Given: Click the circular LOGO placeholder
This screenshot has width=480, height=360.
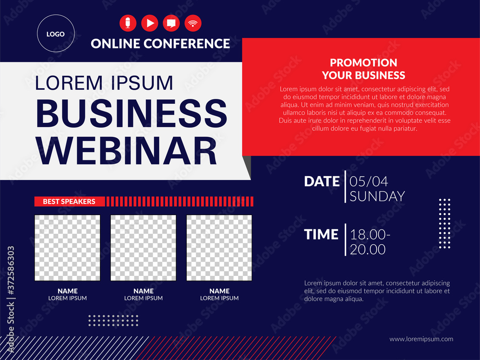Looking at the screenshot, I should click(x=55, y=34).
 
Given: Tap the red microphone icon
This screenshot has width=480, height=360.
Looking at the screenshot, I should click(x=128, y=23).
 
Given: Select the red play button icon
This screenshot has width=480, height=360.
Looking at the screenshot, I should click(x=149, y=23).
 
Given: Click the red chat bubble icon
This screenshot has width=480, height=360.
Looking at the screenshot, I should click(x=171, y=23).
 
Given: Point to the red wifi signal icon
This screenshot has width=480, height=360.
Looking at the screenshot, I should click(x=193, y=23).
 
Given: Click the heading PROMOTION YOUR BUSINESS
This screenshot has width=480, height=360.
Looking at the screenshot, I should click(x=363, y=69).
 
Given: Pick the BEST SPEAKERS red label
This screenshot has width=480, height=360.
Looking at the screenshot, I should click(x=69, y=202).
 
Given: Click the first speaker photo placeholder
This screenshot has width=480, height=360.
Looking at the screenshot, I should click(x=67, y=248).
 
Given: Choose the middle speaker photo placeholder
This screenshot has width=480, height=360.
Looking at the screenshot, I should click(x=143, y=248).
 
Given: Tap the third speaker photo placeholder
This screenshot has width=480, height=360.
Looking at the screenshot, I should click(x=219, y=248).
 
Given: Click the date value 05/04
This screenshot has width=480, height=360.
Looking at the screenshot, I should click(x=369, y=181).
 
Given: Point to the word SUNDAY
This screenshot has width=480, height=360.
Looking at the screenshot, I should click(x=377, y=196).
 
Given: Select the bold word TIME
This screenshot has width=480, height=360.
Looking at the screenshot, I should click(x=321, y=235).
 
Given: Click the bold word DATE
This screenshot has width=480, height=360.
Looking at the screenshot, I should click(x=322, y=181).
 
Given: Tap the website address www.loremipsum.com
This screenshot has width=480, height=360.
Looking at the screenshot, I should click(x=421, y=339).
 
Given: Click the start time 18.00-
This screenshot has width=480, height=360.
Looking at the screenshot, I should click(x=370, y=235).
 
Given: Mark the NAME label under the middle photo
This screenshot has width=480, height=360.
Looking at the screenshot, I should click(x=144, y=291).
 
